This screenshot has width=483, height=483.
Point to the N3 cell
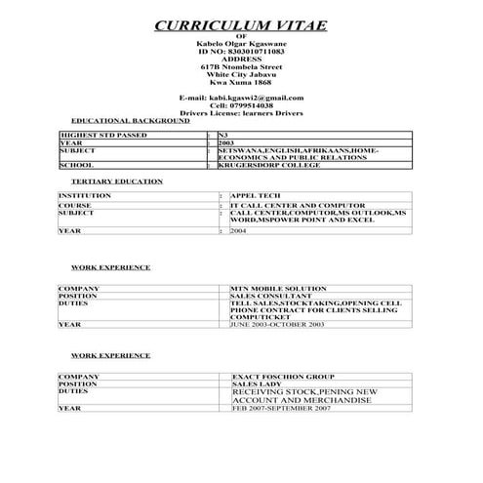(x=223, y=135)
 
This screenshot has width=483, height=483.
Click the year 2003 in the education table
(x=226, y=142)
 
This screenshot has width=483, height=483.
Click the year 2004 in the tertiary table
(x=238, y=231)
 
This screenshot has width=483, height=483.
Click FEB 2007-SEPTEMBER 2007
(x=281, y=408)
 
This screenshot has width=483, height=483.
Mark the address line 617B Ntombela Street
(x=241, y=65)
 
